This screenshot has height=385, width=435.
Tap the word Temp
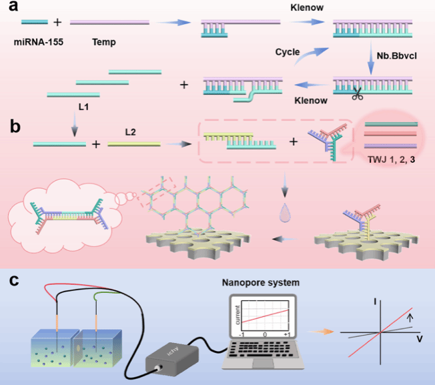[104, 42]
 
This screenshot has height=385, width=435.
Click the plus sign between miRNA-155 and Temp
[57, 23]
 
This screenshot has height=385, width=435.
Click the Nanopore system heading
[262, 283]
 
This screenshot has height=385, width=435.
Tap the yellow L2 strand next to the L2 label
[133, 143]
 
